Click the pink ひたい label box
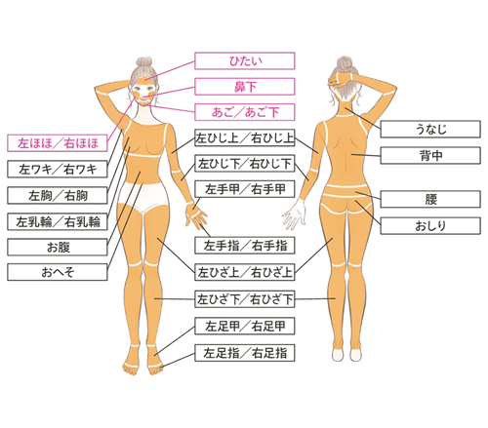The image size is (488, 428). pos(245,60)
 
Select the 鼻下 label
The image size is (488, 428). pos(245,87)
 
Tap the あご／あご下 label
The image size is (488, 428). pos(245,112)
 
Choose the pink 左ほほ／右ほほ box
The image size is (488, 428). pos(58,143)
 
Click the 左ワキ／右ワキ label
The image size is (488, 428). pos(58,169)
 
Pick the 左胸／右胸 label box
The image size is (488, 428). pos(58,195)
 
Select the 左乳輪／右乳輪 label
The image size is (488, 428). pos(58,221)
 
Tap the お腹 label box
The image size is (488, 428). pos(58,247)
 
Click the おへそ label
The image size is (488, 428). pos(58,272)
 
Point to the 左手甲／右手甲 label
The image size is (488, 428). pos(245,189)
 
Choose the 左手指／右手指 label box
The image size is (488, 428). pos(245,246)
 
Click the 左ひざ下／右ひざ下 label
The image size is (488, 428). pos(245,299)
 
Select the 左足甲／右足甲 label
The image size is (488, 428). pos(245,326)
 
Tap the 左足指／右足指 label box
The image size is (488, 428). pos(245,353)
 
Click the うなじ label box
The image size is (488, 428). pos(430,129)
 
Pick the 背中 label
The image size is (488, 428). pos(430,155)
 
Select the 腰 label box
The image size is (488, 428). pos(430,199)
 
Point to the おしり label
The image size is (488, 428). pos(430,225)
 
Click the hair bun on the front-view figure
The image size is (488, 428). pos(144,62)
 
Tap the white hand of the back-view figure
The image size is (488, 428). pos(295,214)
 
